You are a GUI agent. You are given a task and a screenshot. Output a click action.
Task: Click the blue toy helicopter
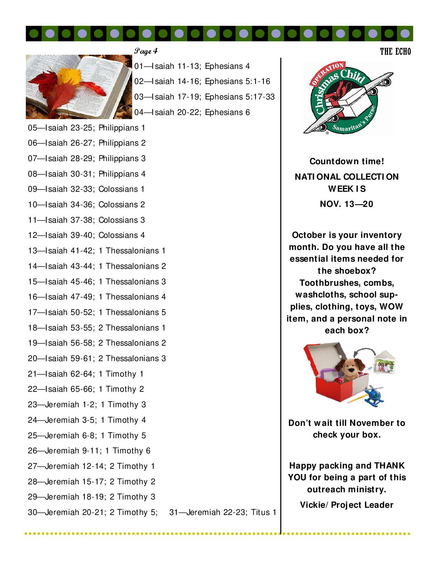pos(374,396)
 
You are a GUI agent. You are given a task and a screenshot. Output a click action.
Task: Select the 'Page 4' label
pos(146,51)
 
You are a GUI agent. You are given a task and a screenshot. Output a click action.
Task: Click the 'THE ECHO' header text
pos(395,52)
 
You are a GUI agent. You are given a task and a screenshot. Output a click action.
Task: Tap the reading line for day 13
pos(97,251)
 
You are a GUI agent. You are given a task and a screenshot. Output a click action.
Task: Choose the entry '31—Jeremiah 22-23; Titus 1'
pos(223,512)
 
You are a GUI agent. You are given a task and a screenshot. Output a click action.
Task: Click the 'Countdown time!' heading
pos(347,161)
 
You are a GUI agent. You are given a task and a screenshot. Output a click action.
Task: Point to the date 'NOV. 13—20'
pos(347,204)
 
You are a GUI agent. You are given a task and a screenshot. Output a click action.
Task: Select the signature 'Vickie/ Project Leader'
pos(347,505)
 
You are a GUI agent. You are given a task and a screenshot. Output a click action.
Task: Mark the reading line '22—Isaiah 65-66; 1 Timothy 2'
pos(86,389)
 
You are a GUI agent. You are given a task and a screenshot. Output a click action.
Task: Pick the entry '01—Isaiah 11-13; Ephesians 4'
pos(192,66)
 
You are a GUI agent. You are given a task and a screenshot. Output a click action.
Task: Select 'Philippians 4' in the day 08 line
pos(122,174)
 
